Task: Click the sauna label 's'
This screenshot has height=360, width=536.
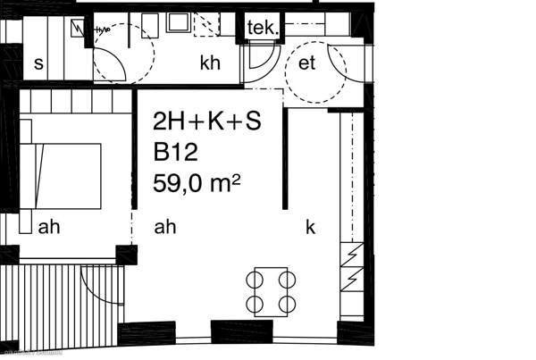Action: (x=39, y=64)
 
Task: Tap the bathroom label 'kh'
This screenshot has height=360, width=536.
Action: (x=210, y=63)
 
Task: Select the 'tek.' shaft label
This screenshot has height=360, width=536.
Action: (x=263, y=28)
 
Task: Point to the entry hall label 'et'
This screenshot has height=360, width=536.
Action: (x=306, y=63)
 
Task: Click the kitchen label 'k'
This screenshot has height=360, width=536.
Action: (x=310, y=227)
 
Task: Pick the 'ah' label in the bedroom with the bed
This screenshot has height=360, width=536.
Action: (x=49, y=227)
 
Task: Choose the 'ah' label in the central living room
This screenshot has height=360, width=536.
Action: (x=165, y=227)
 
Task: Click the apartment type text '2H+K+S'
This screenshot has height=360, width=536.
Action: (x=207, y=121)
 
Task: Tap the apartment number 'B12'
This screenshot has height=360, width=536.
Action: (x=175, y=152)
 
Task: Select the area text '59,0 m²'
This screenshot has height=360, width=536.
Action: (x=197, y=184)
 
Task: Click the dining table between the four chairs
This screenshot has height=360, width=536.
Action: (x=271, y=292)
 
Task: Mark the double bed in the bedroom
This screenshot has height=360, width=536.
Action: (x=60, y=176)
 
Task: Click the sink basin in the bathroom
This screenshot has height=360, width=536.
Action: (x=178, y=23)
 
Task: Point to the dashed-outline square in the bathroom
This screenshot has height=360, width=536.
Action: (x=206, y=24)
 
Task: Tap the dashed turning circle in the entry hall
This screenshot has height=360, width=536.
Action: (x=316, y=71)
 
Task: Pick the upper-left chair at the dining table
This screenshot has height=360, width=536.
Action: (x=255, y=280)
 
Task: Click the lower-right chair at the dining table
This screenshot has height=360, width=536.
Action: (x=287, y=304)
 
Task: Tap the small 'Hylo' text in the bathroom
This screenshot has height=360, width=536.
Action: (x=103, y=30)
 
